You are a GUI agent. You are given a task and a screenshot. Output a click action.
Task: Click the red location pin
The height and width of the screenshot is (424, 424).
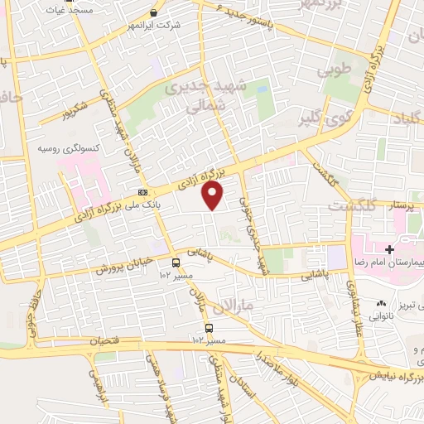click(x=214, y=195)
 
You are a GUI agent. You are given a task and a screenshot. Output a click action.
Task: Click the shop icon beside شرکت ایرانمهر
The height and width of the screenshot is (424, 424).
click(x=153, y=13)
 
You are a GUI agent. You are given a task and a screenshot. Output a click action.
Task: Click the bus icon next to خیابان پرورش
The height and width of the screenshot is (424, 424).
click(x=175, y=263)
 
